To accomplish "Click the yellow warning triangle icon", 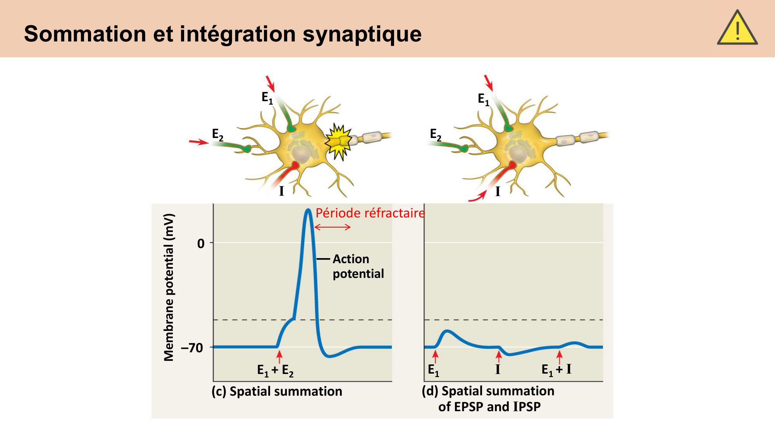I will pos(737,29).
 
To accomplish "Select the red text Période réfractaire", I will pos(370,213).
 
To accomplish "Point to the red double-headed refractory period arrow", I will pos(332,227).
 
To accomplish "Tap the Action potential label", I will pos(358,266).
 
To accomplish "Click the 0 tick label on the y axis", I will pos(201,243).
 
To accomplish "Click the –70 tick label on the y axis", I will pos(192,348).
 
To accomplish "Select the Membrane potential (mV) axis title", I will pos(169,287).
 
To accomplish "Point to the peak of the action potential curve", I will pos(308,210).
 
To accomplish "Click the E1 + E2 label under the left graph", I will pos(275,370).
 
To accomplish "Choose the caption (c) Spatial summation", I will pos(277,391).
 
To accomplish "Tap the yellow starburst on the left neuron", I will pos(339,142).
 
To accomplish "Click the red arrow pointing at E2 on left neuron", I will pos(199,142).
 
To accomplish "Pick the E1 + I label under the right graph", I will pos(556,369).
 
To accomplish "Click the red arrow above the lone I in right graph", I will pos(499,356).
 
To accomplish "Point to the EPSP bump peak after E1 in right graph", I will pos(448,331).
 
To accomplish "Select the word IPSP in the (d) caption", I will pos(527,407).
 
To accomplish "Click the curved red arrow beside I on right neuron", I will pos(478,196).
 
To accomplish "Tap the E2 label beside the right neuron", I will pos(436,134).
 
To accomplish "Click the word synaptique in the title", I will pos(362,34).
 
